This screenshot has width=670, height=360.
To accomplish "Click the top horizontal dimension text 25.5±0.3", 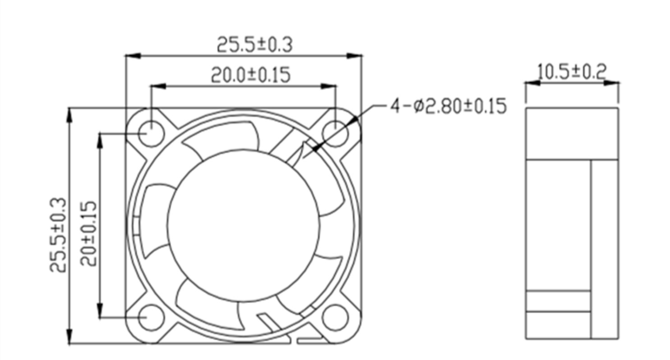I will coord(255,45).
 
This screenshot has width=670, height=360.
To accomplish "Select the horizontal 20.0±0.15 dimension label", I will coord(251,74).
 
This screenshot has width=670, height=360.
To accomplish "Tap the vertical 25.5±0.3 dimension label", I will coord(59,235).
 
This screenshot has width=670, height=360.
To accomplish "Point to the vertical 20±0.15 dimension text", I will coord(89,234).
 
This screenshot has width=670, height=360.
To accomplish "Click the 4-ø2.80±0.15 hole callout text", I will coord(448,106).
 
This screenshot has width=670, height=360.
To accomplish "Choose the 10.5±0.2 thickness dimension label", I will coord(572,72).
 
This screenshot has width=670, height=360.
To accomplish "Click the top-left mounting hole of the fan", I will coord(150,134).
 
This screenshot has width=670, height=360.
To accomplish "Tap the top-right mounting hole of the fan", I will coord(336,134).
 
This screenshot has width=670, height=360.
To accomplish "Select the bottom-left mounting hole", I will coord(150,318).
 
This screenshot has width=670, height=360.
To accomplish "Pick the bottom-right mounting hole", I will coord(336,318).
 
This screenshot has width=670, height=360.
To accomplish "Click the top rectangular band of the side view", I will coord(572,134).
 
